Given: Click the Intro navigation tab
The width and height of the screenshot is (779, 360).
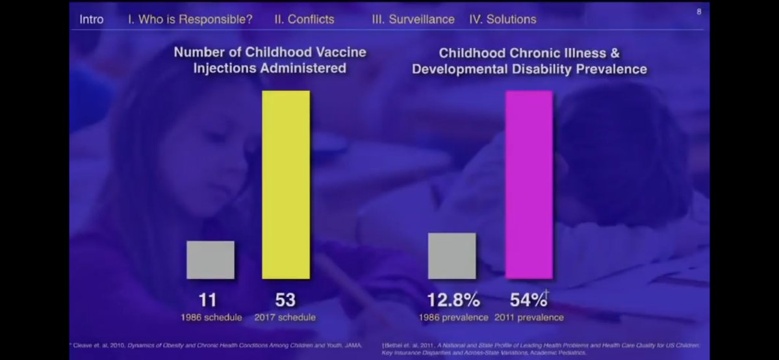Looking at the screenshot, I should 91,19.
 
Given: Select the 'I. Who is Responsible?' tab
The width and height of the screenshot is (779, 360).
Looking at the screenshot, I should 190,19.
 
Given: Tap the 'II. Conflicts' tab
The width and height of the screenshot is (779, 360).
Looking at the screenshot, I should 304,19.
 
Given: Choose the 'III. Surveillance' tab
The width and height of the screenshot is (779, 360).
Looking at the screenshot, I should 413,19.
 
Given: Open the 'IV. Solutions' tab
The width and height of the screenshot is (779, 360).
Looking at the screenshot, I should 503,19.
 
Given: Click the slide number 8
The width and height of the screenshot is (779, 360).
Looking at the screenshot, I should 699,11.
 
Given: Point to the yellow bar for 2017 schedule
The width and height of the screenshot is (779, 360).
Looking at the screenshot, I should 286,185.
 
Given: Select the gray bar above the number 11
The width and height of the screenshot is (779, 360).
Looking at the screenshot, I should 211,260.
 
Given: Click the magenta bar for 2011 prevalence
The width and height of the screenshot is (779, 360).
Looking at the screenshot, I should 530,185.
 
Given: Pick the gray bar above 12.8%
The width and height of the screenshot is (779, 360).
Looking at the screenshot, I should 452,256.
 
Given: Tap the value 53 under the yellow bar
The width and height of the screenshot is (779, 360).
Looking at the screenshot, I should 285,300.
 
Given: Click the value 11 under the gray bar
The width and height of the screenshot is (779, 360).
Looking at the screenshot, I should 208,300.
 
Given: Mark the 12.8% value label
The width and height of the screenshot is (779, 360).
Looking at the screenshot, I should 453,300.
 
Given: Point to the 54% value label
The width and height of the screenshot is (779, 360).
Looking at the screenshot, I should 528,300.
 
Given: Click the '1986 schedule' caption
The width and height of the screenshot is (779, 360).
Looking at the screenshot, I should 211,318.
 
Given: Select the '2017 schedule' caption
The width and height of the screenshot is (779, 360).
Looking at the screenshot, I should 286,318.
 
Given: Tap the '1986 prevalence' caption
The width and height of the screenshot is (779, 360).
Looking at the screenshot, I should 454,318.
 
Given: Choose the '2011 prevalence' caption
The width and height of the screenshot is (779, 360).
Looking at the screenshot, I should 529,318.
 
